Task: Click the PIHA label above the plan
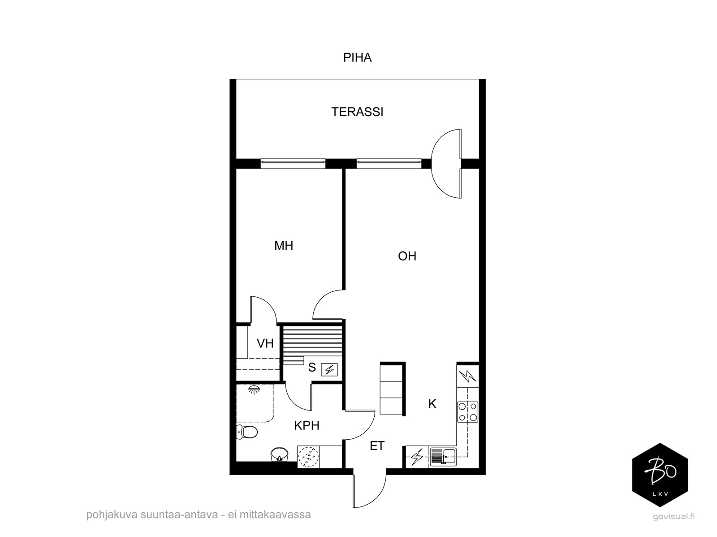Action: click(x=357, y=57)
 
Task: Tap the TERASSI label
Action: click(x=357, y=112)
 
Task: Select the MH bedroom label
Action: click(x=284, y=246)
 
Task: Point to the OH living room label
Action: click(x=407, y=256)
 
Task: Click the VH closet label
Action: click(x=265, y=343)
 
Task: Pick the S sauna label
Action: click(x=312, y=368)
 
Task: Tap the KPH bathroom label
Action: click(x=307, y=426)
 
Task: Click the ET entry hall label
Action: click(x=377, y=446)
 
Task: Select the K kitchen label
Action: click(x=432, y=404)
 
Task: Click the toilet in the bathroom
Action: click(x=247, y=432)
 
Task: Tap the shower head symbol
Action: click(x=254, y=390)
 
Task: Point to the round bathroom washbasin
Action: click(x=280, y=455)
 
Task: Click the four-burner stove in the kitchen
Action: click(x=467, y=412)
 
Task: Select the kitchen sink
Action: click(x=443, y=457)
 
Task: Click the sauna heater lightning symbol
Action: click(x=329, y=370)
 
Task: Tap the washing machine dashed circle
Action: click(x=308, y=457)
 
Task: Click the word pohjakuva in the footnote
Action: click(x=112, y=515)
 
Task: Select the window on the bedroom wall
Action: click(x=293, y=164)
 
